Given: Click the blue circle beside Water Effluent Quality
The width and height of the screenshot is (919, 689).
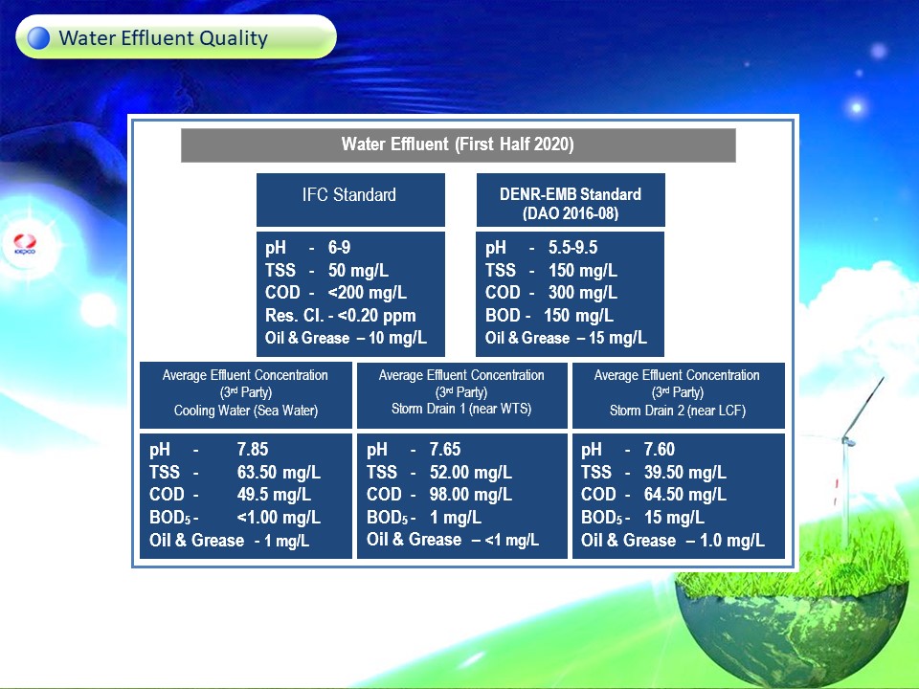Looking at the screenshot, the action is (38, 37).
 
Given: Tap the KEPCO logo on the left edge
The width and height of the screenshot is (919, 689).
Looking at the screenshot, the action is (25, 244).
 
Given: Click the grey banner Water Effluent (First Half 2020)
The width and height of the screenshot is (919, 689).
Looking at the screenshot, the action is (458, 144).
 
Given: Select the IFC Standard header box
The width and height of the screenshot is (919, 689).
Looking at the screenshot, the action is (350, 199).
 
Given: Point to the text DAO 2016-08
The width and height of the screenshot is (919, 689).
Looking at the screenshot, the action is (571, 213).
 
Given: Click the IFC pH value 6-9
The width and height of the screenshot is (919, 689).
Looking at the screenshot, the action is (339, 247).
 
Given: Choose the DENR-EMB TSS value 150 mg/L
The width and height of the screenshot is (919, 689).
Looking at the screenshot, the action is (583, 270).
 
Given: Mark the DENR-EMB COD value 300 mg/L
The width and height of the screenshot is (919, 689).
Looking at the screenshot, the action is (583, 293).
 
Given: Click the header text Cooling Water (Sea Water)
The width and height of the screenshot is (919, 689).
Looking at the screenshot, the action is (246, 411).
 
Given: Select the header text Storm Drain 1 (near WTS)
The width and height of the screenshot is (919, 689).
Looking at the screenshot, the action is (461, 409).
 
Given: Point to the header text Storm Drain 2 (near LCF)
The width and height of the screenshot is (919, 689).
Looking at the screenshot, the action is (678, 411).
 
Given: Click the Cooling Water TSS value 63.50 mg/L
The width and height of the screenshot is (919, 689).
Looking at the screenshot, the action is (279, 472).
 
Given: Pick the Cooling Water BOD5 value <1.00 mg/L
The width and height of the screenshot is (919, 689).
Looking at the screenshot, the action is (279, 518).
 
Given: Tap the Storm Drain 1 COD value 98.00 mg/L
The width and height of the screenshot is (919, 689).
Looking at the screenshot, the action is (471, 495).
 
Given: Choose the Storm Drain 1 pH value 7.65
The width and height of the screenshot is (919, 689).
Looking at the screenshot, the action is (445, 450).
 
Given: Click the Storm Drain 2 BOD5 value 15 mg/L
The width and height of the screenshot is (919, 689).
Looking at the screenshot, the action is (674, 518).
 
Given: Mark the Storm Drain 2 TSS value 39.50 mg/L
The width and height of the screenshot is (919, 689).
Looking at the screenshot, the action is (685, 472).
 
